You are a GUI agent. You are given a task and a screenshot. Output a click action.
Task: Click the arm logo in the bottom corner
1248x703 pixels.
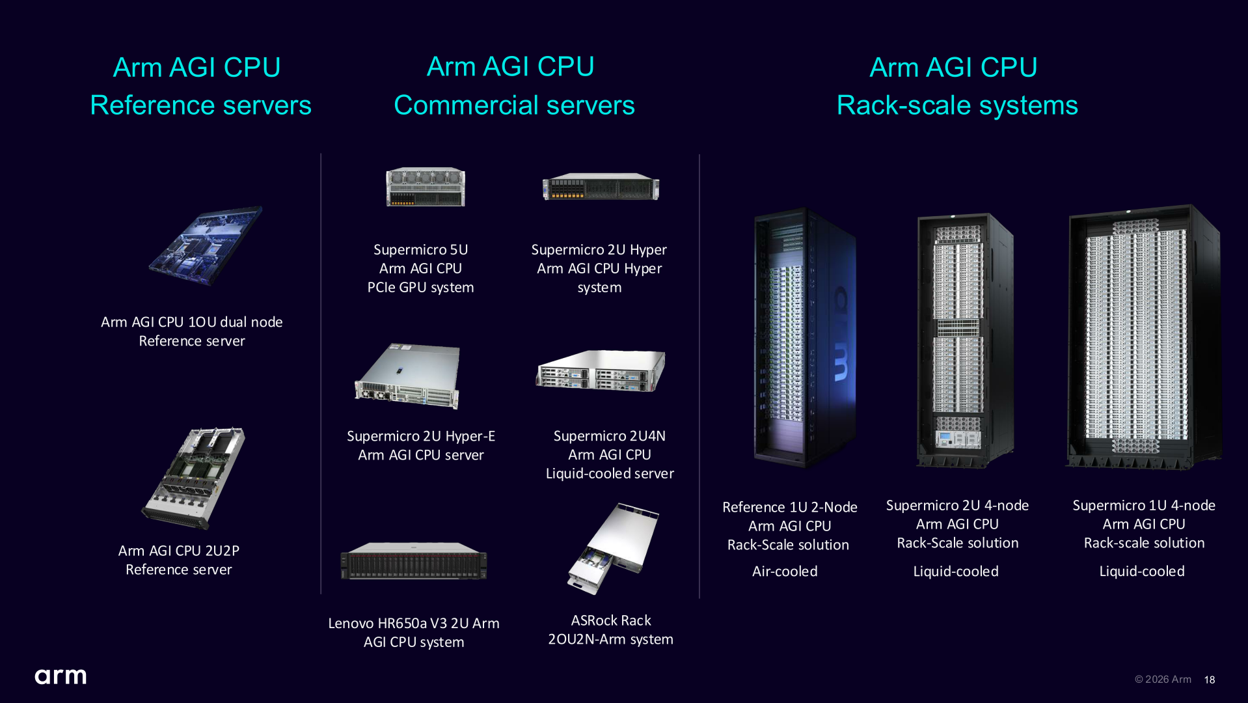point(61,676)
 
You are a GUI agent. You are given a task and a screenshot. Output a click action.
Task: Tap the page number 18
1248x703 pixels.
point(1209,680)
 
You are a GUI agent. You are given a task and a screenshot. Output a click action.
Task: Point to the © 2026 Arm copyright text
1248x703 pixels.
point(1163,679)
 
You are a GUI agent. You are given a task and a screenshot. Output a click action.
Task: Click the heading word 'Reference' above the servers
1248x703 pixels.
point(152,105)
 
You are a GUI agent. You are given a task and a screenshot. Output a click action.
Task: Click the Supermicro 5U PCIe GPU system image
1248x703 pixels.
point(426,187)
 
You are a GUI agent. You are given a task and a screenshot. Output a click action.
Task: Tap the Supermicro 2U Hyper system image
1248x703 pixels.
point(601,187)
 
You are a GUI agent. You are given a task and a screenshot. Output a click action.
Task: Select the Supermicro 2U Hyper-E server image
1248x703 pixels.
point(408,376)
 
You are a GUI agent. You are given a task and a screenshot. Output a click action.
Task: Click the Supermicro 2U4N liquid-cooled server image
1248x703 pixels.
point(601,370)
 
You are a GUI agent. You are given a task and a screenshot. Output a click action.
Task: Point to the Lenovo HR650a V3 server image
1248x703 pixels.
point(414,560)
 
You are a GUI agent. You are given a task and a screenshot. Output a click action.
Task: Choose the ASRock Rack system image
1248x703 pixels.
point(612,548)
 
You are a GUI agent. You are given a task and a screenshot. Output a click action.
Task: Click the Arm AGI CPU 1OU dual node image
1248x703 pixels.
point(205,246)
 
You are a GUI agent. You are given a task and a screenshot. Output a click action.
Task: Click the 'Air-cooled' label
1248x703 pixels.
point(785,571)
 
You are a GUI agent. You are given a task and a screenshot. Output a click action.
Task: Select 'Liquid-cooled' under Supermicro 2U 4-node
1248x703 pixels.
point(956,571)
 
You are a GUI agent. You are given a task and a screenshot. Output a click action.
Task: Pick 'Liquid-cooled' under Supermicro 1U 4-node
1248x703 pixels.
point(1142,571)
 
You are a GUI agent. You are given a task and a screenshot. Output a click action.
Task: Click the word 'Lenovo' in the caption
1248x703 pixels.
point(351,623)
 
